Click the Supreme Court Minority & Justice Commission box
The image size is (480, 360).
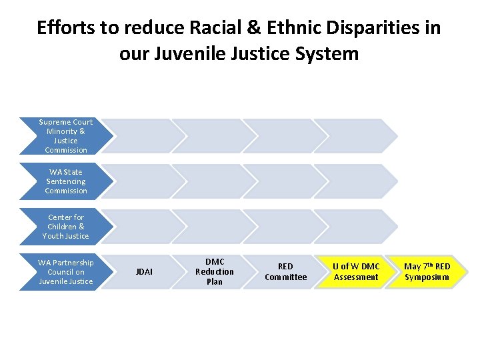[x=65, y=136]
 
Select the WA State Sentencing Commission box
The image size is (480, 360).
[x=65, y=181]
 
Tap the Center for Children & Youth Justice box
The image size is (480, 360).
[x=65, y=227]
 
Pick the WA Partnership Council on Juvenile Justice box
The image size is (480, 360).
[x=65, y=272]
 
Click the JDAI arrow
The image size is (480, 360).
[x=144, y=272]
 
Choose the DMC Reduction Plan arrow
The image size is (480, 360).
[x=215, y=272]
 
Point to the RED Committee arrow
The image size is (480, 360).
[x=285, y=272]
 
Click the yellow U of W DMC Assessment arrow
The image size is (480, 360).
[x=356, y=272]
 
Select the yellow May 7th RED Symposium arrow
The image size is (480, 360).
[x=427, y=272]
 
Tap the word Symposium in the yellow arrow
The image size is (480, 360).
[x=427, y=277]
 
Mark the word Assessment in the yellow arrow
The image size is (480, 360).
[x=356, y=277]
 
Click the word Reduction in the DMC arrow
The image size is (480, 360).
[x=215, y=272]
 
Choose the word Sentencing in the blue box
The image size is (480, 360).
[x=65, y=181]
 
